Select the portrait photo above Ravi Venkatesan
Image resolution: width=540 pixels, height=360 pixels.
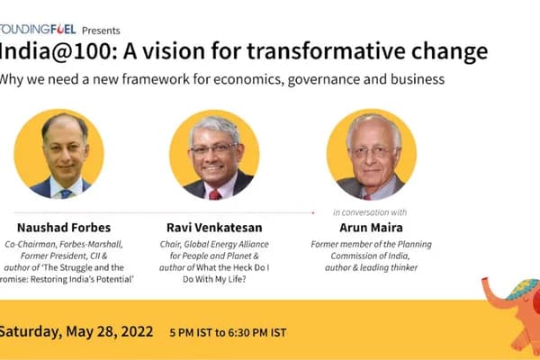tap(214, 154)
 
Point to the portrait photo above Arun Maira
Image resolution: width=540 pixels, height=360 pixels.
tap(372, 154)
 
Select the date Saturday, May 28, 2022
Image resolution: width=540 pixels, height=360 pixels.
tap(76, 330)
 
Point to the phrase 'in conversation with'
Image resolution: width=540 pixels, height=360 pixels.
tap(369, 212)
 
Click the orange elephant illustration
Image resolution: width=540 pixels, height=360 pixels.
tap(509, 305)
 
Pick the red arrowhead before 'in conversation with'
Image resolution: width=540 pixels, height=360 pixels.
tap(313, 212)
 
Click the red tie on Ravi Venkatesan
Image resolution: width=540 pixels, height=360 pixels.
tap(214, 193)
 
